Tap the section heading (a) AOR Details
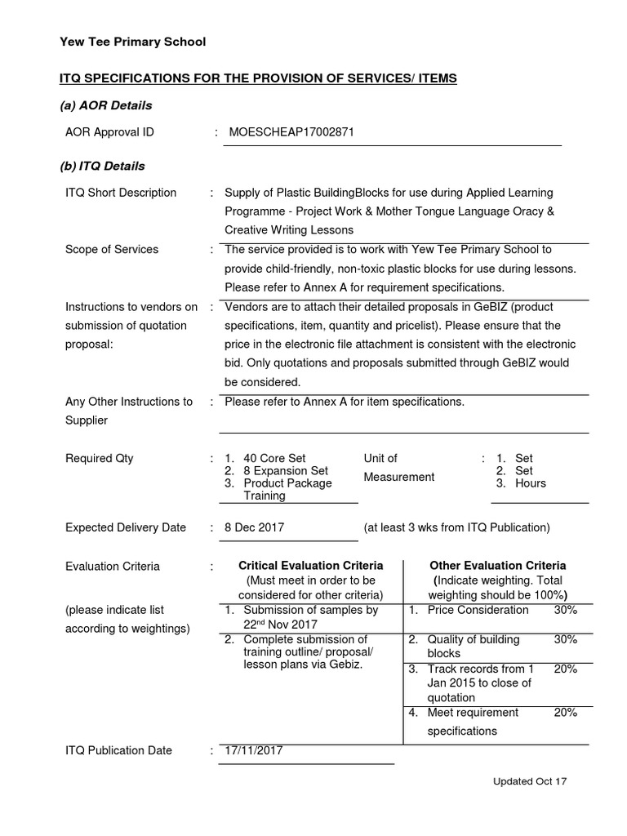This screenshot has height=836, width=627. pyautogui.click(x=105, y=105)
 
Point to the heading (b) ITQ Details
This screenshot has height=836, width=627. pyautogui.click(x=102, y=166)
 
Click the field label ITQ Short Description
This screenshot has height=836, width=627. pyautogui.click(x=121, y=193)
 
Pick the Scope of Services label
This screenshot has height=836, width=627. pyautogui.click(x=112, y=249)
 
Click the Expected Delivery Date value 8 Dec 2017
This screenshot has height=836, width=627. pyautogui.click(x=255, y=527)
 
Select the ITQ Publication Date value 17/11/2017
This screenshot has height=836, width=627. pyautogui.click(x=254, y=750)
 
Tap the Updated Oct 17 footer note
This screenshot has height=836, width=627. pyautogui.click(x=529, y=781)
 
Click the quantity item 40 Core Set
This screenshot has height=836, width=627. pyautogui.click(x=274, y=458)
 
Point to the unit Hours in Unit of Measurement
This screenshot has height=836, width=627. pyautogui.click(x=531, y=483)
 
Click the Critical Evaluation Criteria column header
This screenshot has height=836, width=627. pyautogui.click(x=309, y=565)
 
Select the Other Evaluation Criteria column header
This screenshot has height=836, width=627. pyautogui.click(x=498, y=565)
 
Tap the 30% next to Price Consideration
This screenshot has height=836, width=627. pyautogui.click(x=565, y=610)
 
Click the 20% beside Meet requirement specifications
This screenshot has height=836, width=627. pyautogui.click(x=565, y=712)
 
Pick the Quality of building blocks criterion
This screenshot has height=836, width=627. pyautogui.click(x=473, y=646)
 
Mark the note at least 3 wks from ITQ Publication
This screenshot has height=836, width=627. pyautogui.click(x=457, y=527)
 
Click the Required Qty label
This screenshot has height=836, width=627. pyautogui.click(x=100, y=458)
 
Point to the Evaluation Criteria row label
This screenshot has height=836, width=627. pyautogui.click(x=113, y=566)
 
